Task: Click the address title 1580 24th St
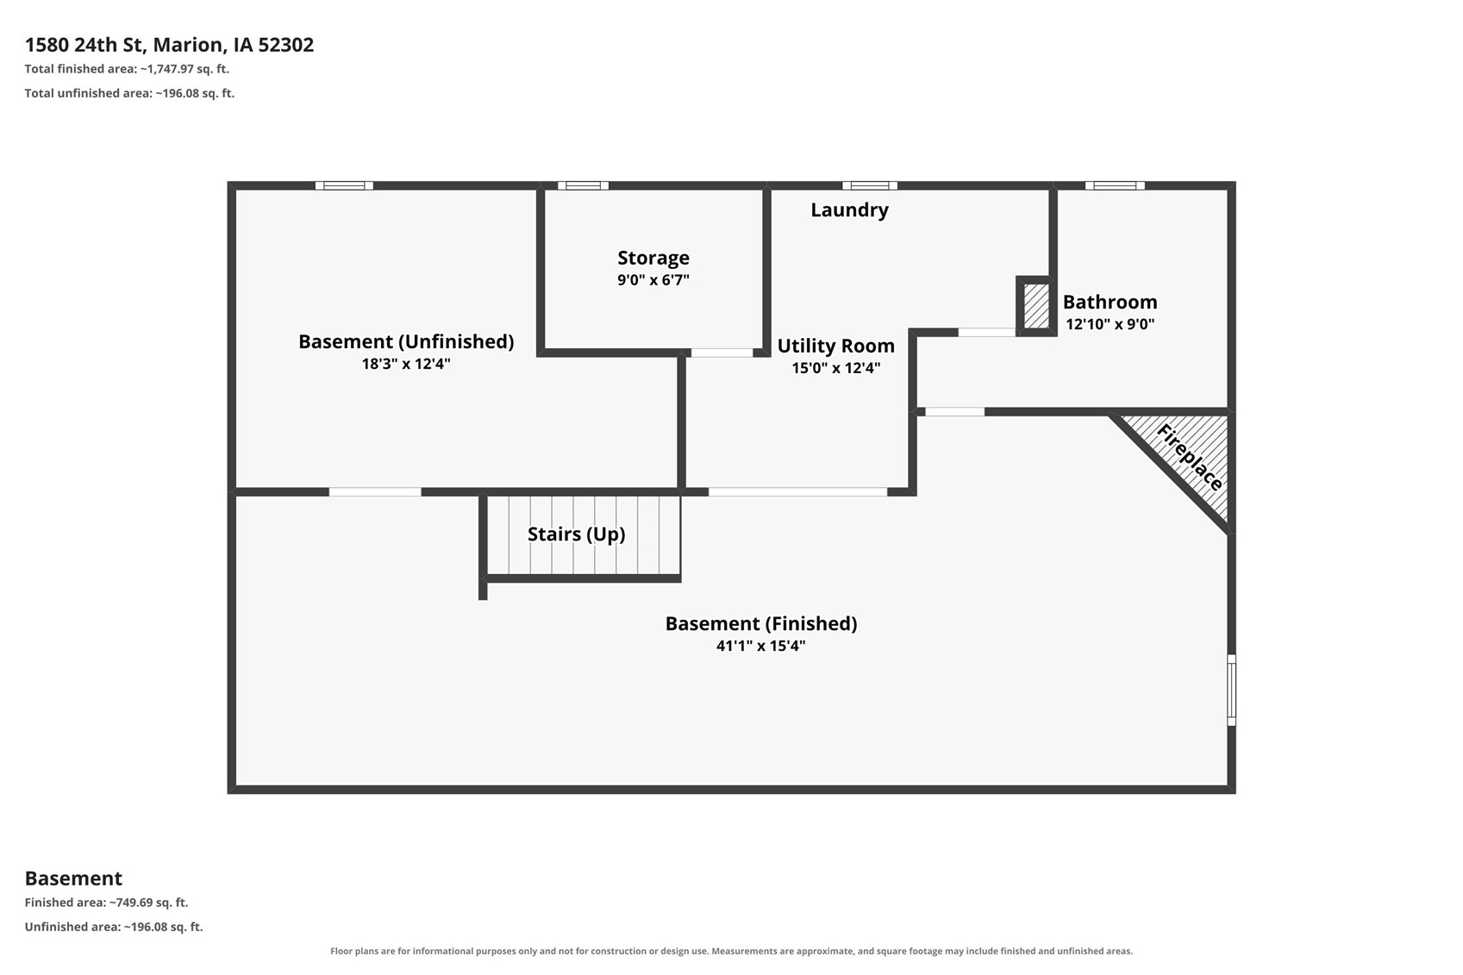coord(169,45)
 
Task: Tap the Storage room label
coord(653,258)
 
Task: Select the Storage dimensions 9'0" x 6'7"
coord(653,280)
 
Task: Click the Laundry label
coord(849,209)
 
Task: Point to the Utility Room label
coord(835,346)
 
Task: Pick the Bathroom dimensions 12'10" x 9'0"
coord(1110,324)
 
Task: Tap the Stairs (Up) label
coord(576,534)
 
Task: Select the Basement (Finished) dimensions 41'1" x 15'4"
coord(761,646)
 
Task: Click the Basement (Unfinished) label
coord(405,341)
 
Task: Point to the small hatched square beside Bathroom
coord(1036,306)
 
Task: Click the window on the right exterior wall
coord(1231,690)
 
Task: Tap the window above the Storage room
coord(583,185)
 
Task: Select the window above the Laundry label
coord(869,185)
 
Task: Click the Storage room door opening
coord(722,353)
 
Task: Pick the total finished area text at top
coord(127,69)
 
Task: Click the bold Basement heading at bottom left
coord(73,878)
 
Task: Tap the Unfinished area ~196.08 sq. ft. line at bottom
coord(114,927)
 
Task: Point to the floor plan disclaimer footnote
coord(731,951)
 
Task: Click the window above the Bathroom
coord(1114,185)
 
